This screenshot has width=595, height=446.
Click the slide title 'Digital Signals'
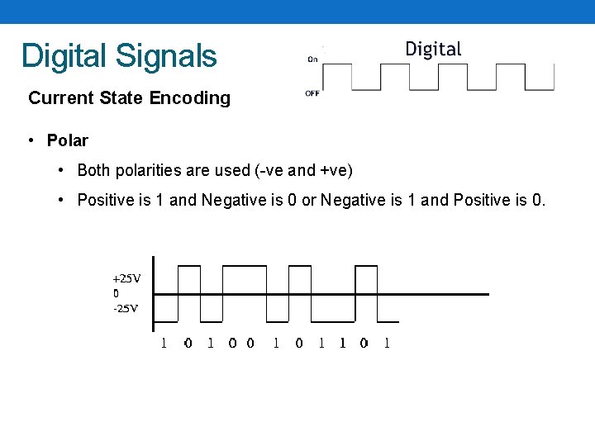[x=119, y=55]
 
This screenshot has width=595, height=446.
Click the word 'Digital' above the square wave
[x=433, y=49]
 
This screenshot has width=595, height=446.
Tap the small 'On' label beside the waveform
[x=313, y=59]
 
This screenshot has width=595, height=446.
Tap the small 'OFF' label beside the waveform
[x=312, y=93]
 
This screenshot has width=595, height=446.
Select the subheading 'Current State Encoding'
[x=129, y=97]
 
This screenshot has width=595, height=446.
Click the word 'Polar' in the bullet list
[x=67, y=140]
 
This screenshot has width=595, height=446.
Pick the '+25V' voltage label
[x=126, y=278]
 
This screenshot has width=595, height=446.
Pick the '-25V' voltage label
[x=125, y=309]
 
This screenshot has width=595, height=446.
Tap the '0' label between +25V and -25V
[x=116, y=293]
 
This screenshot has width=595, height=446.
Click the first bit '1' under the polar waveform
[x=163, y=343]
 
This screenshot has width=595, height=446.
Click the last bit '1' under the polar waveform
[x=387, y=343]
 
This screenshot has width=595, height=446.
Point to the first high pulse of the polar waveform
[x=188, y=267]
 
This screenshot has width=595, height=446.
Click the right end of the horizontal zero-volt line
[x=487, y=294]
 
